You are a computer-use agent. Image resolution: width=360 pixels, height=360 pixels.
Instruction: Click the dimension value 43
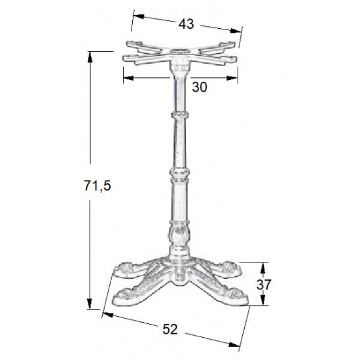tap(186, 24)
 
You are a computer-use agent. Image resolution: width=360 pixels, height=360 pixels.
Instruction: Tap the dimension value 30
tap(200, 87)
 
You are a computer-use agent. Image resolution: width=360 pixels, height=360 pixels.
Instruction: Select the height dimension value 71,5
tap(98, 186)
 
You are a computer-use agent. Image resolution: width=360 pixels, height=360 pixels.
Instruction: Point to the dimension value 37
tap(264, 285)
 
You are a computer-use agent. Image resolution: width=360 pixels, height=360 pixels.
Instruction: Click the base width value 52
tap(170, 329)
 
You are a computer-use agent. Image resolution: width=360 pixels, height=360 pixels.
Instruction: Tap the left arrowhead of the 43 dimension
tap(139, 16)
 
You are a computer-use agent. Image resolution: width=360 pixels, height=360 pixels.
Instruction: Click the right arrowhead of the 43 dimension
tap(236, 31)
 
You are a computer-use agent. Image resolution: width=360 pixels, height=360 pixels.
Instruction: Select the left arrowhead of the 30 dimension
tap(128, 79)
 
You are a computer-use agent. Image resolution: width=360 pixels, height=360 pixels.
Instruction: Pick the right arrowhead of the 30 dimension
tap(232, 79)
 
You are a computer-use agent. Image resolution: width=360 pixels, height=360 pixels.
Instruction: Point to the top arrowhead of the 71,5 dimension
tap(90, 57)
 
